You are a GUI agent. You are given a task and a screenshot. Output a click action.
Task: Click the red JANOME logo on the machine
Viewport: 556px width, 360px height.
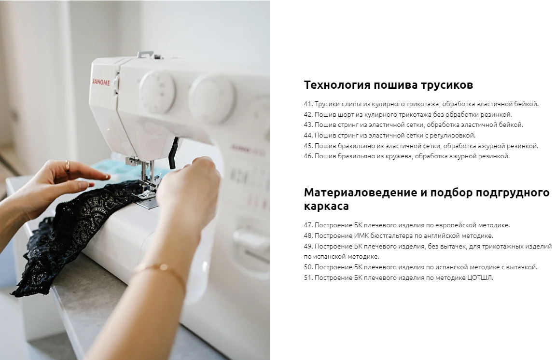(101, 83)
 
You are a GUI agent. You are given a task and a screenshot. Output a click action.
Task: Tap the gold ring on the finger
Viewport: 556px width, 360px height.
(68, 166)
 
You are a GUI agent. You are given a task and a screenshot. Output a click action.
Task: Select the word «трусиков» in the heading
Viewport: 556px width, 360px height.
(447, 85)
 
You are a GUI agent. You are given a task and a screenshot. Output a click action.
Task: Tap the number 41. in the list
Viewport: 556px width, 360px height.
(308, 104)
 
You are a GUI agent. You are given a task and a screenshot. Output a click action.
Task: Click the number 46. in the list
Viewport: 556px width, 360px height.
(308, 156)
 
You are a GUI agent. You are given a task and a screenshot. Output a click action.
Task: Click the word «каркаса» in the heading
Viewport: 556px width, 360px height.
(326, 206)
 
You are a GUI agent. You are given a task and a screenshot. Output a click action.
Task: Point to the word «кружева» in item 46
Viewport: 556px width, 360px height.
(399, 156)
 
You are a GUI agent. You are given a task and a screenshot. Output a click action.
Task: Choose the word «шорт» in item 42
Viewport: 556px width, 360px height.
(346, 115)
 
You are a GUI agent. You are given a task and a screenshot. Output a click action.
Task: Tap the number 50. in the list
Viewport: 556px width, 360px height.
(308, 267)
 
